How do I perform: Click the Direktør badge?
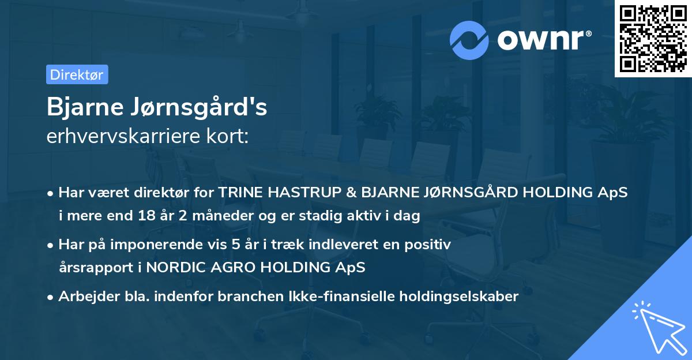tap(77, 74)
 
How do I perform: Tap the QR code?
tap(652, 39)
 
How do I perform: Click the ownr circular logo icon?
tap(470, 39)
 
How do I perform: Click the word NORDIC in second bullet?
tap(170, 267)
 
